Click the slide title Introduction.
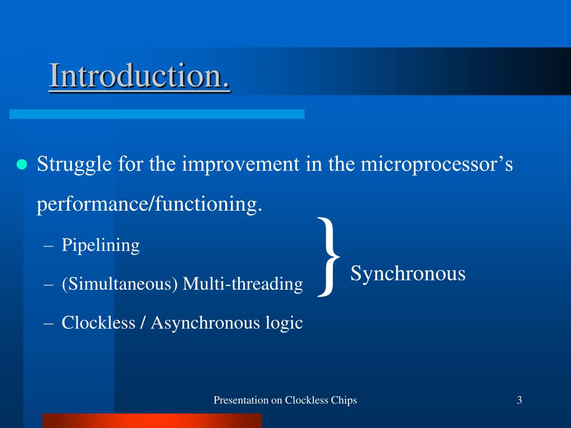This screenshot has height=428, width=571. coord(139,75)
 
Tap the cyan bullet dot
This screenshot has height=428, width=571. coord(22,164)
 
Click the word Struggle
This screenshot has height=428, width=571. coord(74,164)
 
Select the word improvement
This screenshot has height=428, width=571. coord(241,164)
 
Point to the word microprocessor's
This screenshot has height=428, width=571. coord(437,164)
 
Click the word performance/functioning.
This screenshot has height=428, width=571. coord(149,204)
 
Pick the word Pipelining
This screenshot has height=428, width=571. coord(100,245)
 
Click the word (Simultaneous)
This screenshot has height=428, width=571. coord(120,284)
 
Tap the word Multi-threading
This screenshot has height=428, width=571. coord(243,284)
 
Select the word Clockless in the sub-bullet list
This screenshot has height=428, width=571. coord(98,323)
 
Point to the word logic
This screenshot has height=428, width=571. coord(284,323)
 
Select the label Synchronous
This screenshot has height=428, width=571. coord(408,274)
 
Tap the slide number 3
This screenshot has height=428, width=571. coord(519,400)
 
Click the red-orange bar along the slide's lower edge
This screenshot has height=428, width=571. coord(152,421)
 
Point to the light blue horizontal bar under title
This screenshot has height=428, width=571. coord(157,114)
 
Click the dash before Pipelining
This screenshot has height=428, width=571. coord(49,246)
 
